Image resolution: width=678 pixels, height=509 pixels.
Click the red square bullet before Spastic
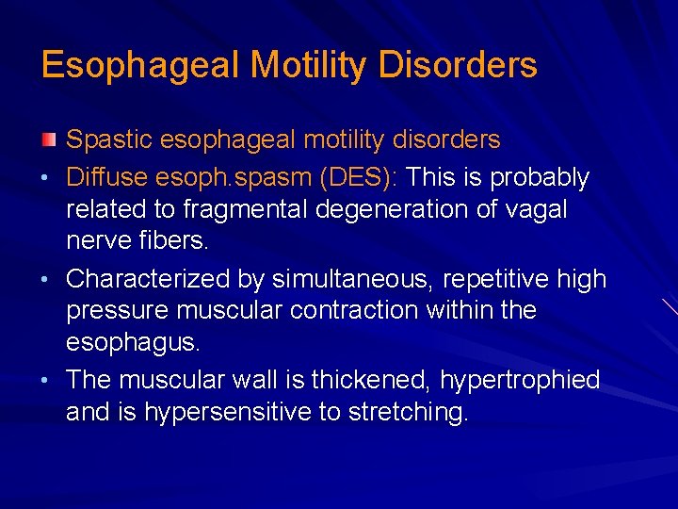pyautogui.click(x=49, y=140)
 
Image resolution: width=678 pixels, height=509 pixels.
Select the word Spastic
pyautogui.click(x=109, y=140)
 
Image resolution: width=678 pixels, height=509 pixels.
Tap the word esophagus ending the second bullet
pyautogui.click(x=132, y=342)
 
